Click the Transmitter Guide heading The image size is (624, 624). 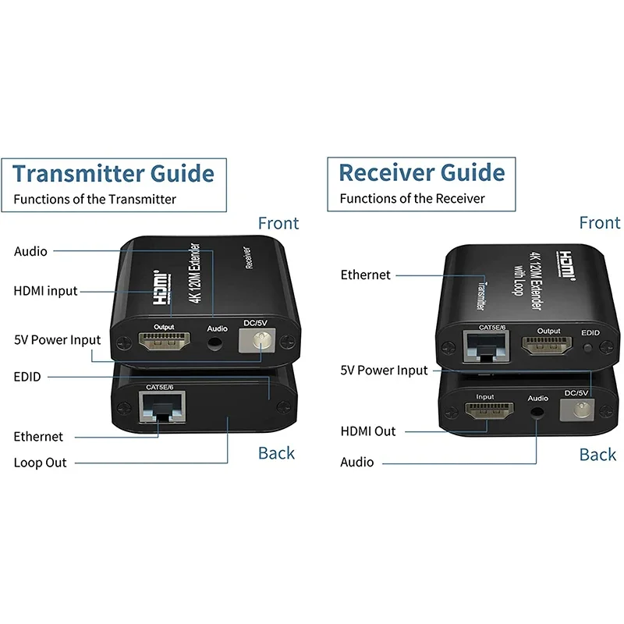tap(113, 172)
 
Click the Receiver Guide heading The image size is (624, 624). tap(421, 172)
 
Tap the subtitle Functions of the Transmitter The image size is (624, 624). tap(94, 199)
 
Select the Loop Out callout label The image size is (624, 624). tap(40, 463)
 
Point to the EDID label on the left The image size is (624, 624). tap(27, 377)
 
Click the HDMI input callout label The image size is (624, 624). tap(46, 291)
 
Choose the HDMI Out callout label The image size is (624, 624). tap(368, 431)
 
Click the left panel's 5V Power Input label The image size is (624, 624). tap(58, 340)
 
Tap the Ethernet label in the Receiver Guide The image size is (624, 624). tap(366, 275)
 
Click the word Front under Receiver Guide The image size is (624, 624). tap(600, 223)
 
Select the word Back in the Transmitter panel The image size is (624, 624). tap(276, 453)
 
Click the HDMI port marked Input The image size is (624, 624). tap(485, 413)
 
